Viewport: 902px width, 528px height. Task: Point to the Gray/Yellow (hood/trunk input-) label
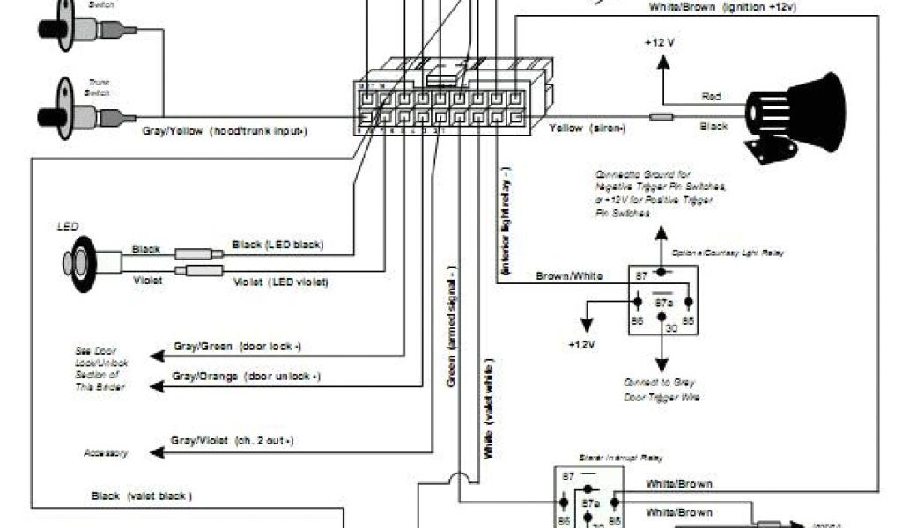[225, 131]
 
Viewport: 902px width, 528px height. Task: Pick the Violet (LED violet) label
[280, 282]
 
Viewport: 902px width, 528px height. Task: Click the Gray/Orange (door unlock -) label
[246, 377]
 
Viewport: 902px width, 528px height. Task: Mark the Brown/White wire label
[569, 276]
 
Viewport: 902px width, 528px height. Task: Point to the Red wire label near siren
[711, 95]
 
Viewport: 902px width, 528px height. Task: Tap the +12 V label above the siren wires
[659, 43]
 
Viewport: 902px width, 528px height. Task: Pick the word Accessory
[106, 454]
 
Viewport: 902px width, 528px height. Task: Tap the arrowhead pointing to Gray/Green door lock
[156, 356]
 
